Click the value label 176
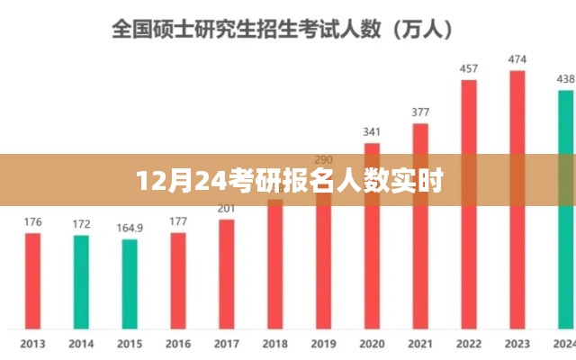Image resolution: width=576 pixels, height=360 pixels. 32,221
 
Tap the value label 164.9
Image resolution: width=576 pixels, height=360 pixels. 130,228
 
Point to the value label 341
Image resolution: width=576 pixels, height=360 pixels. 372,131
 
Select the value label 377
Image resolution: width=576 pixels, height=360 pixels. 420,112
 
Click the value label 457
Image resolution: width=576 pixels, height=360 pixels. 469,68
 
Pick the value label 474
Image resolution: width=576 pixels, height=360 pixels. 517,59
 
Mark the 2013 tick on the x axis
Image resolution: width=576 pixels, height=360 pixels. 32,343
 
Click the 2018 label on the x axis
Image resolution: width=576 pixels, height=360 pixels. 274,343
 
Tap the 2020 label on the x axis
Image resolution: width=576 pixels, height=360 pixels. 372,343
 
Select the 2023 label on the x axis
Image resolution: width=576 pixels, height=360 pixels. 517,343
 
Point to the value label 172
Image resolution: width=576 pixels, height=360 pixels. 81,223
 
